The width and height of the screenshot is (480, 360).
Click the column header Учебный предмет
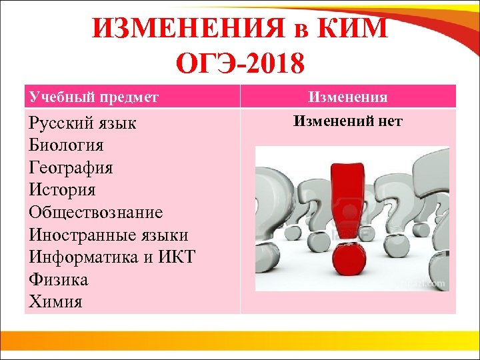click(93, 97)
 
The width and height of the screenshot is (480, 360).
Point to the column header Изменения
click(347, 97)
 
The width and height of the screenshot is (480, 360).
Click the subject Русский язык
click(83, 123)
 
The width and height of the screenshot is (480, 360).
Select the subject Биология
click(66, 145)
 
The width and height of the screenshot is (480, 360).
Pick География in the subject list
click(71, 167)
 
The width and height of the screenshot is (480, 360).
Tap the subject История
click(62, 190)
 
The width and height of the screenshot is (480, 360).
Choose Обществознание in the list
click(95, 212)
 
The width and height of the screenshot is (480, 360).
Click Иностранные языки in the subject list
click(108, 235)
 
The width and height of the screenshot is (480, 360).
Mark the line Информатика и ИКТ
click(111, 257)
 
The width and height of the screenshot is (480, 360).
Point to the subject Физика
click(59, 279)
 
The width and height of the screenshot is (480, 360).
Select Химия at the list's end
click(55, 301)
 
